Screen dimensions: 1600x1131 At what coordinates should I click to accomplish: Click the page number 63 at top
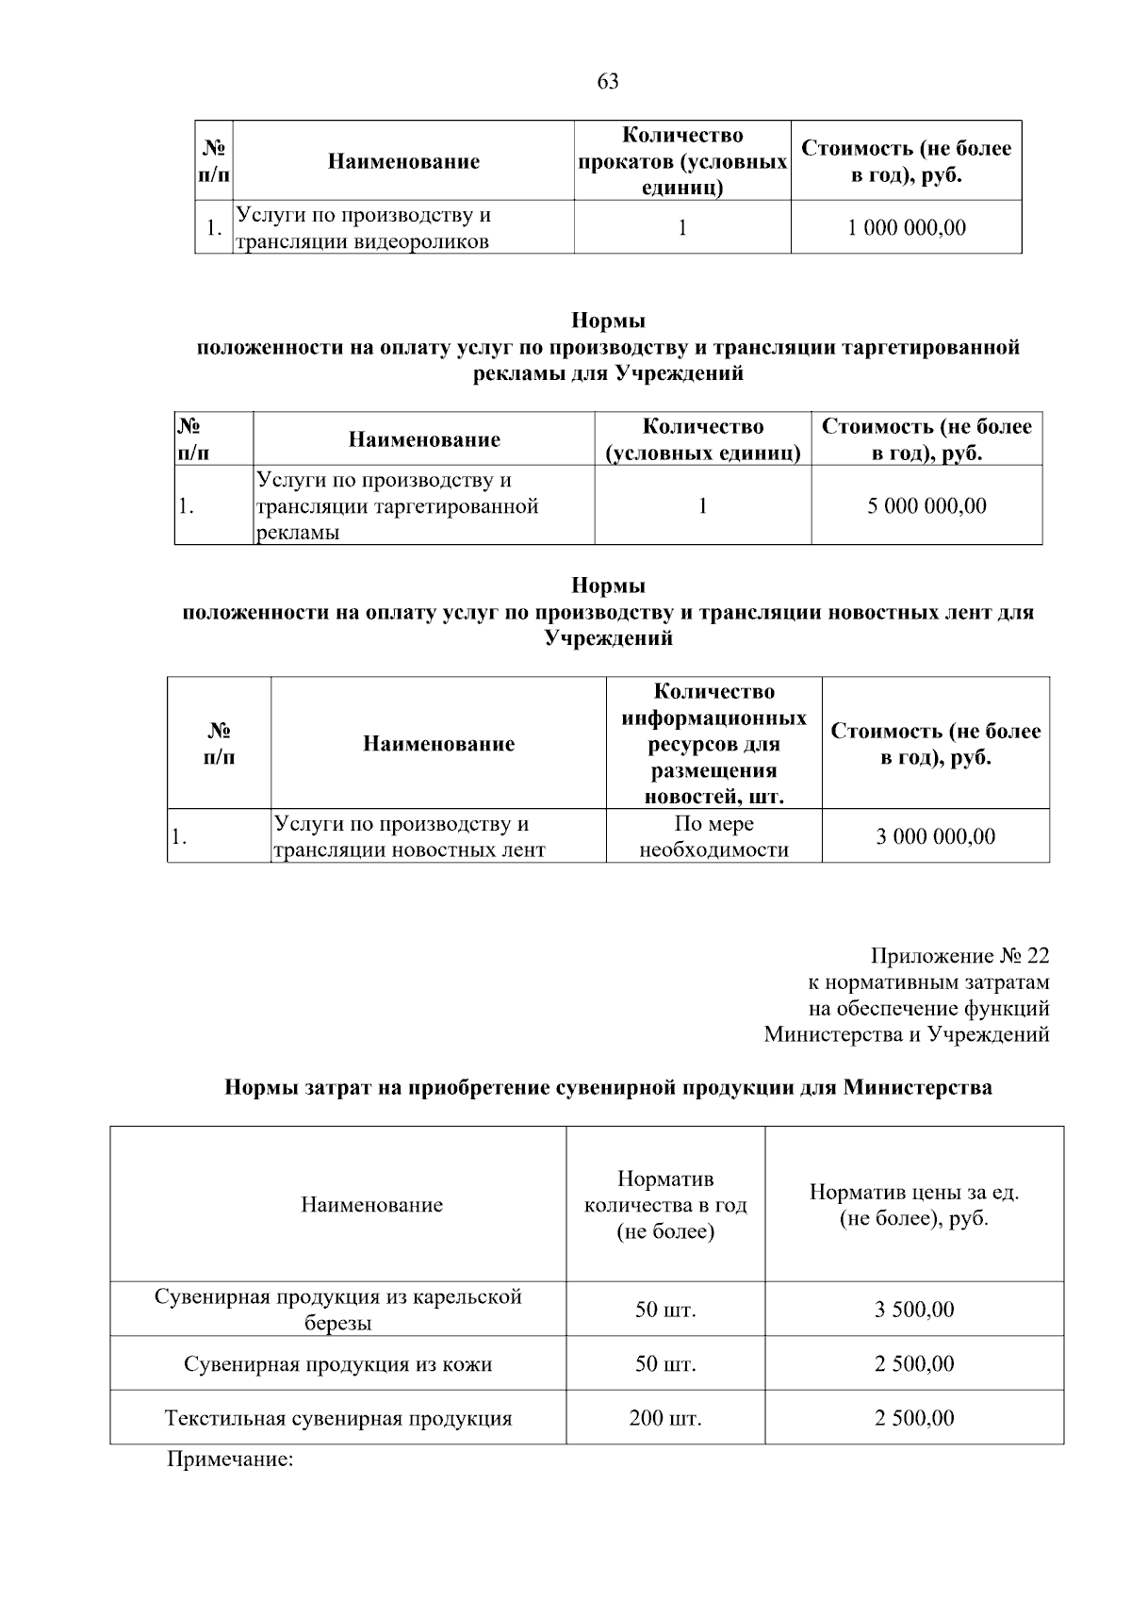[608, 81]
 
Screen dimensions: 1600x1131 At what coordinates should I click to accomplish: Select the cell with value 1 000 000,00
[906, 228]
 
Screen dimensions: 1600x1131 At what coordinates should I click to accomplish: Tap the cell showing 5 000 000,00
[926, 506]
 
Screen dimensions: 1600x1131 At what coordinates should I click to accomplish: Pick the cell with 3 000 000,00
[935, 836]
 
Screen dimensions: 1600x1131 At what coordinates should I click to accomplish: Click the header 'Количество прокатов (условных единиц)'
[682, 161]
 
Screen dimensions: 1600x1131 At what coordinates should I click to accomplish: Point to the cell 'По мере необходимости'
[713, 836]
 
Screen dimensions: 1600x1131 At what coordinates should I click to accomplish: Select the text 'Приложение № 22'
[959, 956]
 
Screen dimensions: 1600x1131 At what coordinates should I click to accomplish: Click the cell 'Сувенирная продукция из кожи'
[337, 1364]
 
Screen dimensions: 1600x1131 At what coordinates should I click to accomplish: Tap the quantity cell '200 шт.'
[665, 1418]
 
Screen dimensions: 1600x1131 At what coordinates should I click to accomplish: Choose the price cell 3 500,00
[913, 1310]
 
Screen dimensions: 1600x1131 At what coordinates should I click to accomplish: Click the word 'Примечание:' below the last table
[231, 1460]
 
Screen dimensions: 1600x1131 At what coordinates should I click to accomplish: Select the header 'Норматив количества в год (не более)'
[665, 1205]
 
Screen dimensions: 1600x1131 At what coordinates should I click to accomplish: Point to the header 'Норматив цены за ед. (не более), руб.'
[913, 1205]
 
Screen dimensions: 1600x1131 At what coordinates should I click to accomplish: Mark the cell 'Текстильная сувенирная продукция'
[337, 1418]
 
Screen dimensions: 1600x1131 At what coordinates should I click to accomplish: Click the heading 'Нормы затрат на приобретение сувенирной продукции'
[608, 1088]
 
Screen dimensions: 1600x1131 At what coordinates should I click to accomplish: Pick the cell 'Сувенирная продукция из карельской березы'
[337, 1310]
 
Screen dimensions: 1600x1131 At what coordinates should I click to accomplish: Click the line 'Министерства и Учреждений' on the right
[906, 1035]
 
